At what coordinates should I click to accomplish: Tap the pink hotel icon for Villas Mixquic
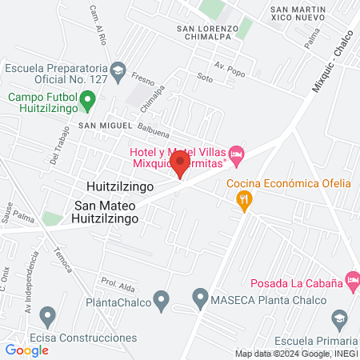pos(235,152)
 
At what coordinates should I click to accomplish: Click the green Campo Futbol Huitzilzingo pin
pos(90,101)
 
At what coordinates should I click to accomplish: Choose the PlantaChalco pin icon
pos(162,301)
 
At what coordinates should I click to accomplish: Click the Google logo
pos(27,350)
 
